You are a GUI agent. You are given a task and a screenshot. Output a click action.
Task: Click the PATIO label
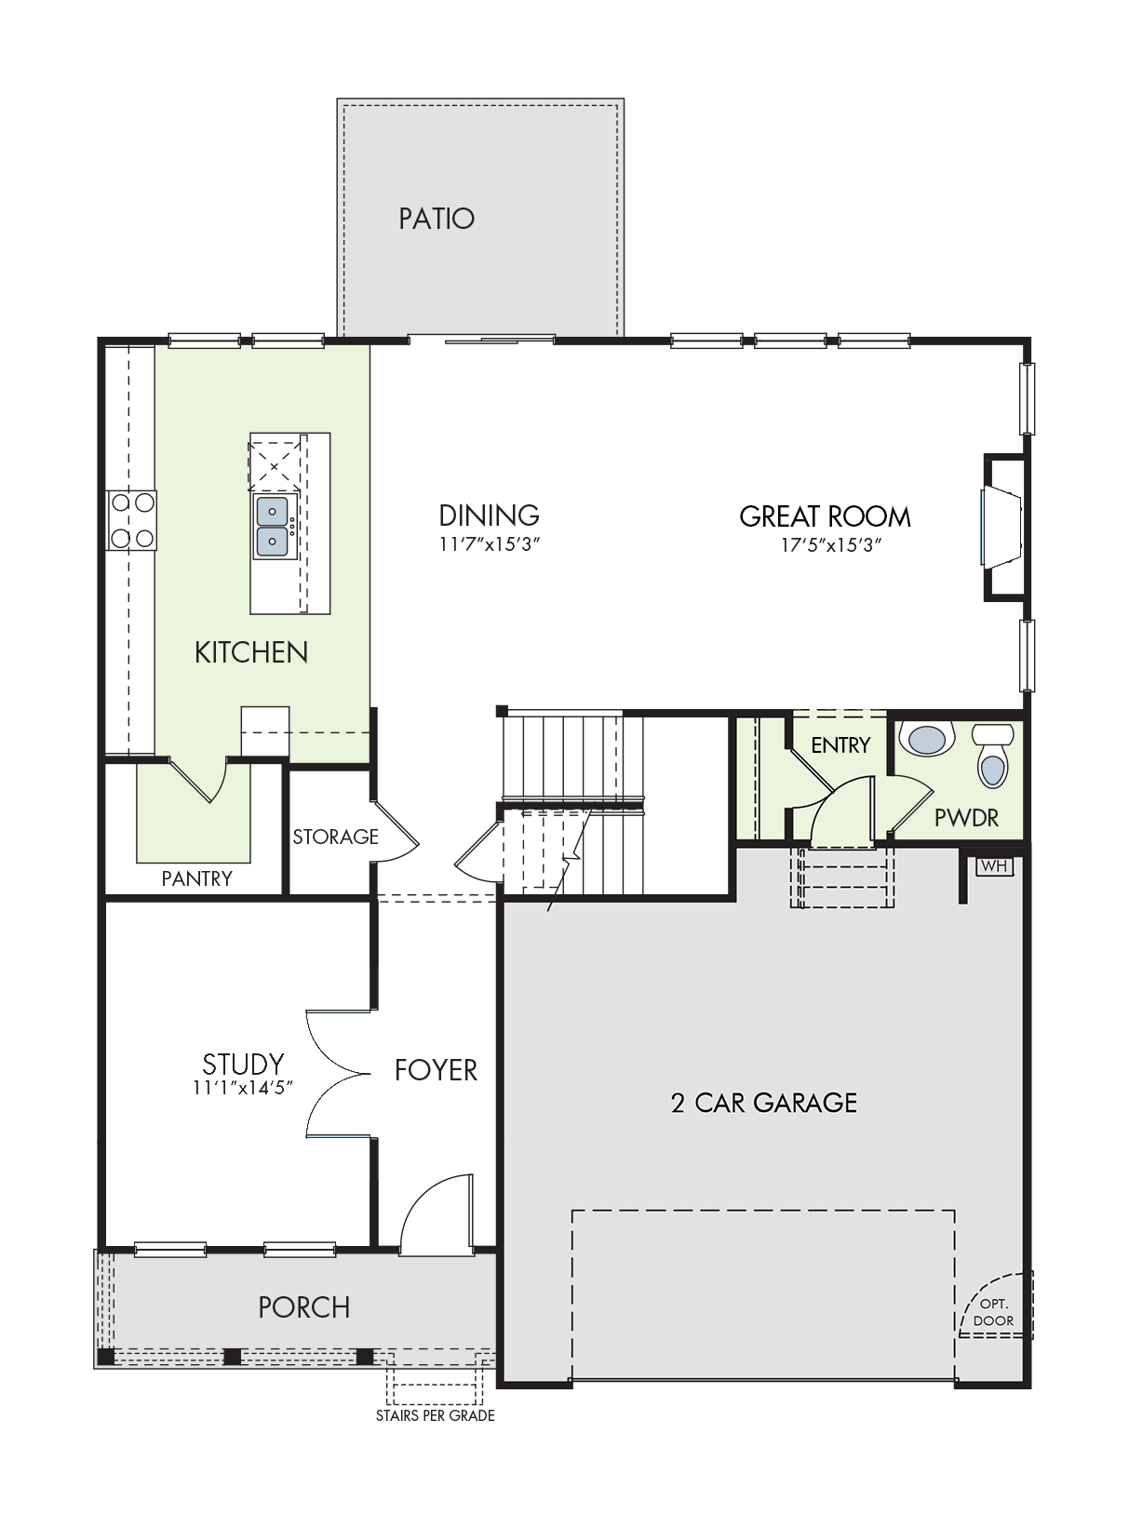[x=437, y=219]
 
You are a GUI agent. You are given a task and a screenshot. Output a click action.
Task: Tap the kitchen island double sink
[x=275, y=527]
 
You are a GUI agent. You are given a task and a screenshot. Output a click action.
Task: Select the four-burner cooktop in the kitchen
[x=132, y=520]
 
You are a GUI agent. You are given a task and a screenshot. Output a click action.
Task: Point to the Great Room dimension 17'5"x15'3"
[x=831, y=545]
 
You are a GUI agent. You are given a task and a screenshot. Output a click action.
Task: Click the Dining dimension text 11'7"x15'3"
[x=489, y=544]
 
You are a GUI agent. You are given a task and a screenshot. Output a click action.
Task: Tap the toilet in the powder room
[x=992, y=755]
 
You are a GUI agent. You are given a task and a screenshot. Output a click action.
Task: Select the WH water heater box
[x=994, y=865]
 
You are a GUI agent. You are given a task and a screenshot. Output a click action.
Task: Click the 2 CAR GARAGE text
[x=764, y=1103]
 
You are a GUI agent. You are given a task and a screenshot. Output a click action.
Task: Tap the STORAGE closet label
[x=336, y=837]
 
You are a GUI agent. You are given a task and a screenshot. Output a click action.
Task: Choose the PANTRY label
[x=196, y=878]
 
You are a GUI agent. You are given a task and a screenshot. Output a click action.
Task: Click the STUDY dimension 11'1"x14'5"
[x=243, y=1089]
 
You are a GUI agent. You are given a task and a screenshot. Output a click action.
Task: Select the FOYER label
[x=436, y=1070]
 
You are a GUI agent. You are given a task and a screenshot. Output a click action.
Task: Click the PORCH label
[x=304, y=1307]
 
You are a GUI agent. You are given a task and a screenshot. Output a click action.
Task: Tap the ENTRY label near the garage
[x=840, y=745]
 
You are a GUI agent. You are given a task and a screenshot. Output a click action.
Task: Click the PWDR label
[x=966, y=818]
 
